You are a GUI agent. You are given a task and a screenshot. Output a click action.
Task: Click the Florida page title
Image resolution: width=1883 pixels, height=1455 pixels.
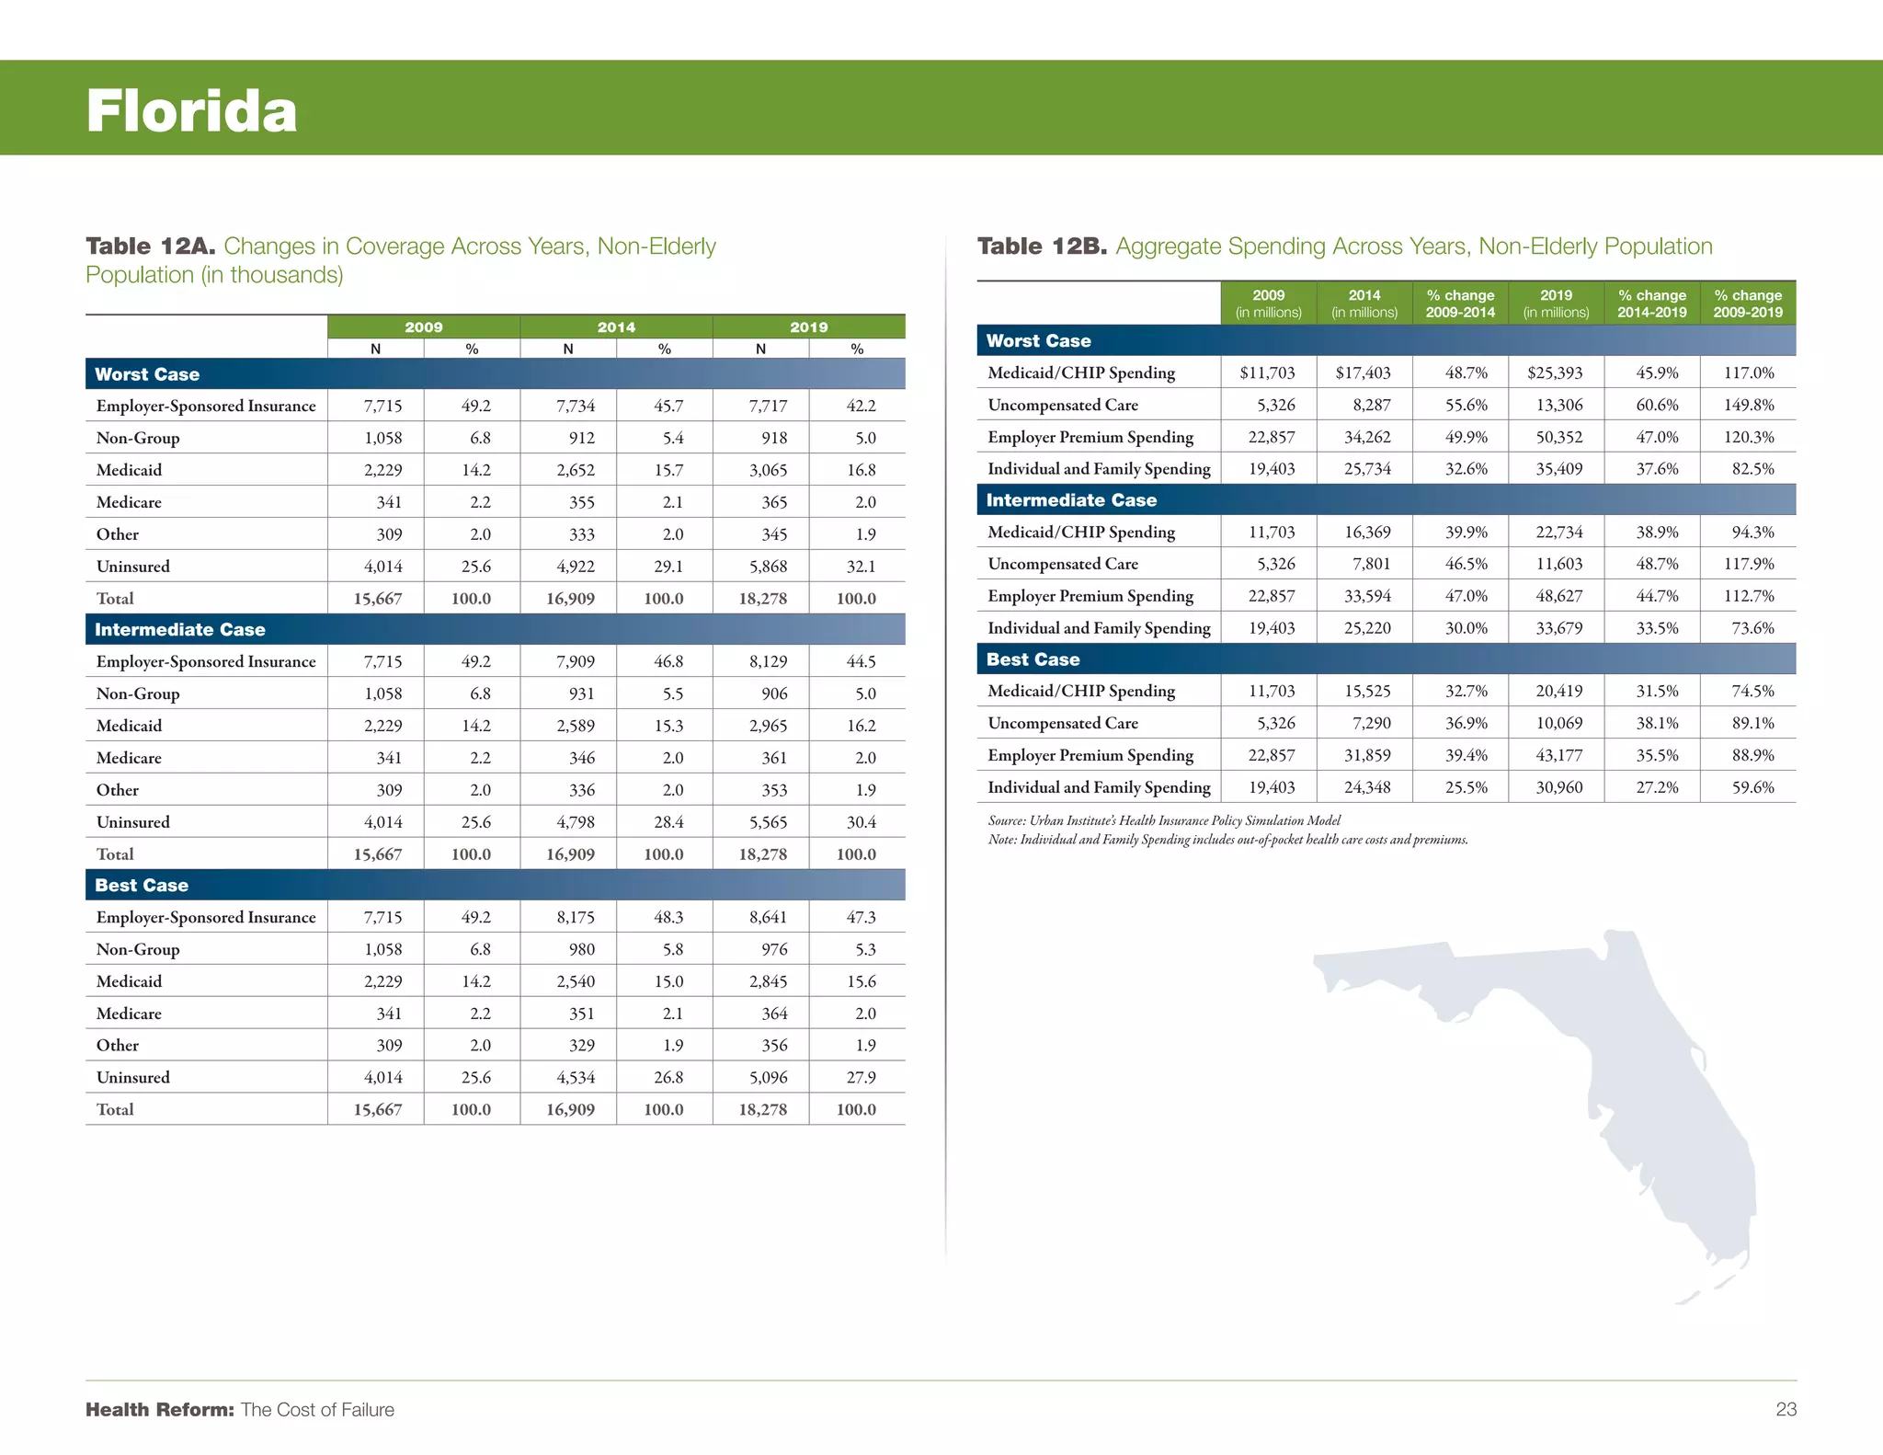point(191,111)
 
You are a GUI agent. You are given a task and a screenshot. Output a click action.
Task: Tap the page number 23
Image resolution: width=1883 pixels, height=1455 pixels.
point(1786,1409)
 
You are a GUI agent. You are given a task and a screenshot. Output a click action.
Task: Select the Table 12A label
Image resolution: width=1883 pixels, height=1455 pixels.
point(150,246)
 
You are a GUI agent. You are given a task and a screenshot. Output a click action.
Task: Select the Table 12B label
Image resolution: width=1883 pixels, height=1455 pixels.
point(1042,246)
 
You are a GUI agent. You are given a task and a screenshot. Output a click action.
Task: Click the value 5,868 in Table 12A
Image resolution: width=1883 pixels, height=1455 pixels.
point(768,567)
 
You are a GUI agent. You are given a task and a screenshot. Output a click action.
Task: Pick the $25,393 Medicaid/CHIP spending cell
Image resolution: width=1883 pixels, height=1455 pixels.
point(1555,372)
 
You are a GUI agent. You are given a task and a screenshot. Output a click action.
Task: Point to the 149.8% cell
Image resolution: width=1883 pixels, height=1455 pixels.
point(1749,405)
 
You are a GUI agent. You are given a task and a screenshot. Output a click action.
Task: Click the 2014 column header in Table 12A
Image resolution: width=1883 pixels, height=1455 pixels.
point(616,327)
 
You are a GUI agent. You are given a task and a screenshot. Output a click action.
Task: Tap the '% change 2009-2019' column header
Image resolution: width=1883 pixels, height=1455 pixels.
point(1748,304)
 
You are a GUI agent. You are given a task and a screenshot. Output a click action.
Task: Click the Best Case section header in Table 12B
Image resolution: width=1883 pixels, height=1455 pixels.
point(1033,659)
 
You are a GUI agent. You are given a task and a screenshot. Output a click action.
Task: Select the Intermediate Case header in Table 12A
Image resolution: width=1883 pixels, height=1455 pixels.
point(180,630)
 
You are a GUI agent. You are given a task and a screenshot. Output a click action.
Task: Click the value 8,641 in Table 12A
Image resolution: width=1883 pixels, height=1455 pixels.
point(768,917)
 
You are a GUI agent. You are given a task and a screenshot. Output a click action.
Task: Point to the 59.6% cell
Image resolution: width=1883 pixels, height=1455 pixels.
point(1752,787)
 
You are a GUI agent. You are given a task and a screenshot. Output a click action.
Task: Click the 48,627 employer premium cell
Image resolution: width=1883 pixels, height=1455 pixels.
point(1558,596)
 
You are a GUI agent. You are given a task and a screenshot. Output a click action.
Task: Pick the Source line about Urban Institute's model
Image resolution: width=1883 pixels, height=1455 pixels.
point(1164,820)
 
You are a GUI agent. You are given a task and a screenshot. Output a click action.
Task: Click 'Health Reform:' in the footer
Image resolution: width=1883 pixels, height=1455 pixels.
point(160,1410)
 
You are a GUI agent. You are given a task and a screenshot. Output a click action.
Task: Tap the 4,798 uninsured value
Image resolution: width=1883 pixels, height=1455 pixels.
point(576,822)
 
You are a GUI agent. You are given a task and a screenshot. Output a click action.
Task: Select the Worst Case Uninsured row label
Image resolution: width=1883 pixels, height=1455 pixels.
point(133,567)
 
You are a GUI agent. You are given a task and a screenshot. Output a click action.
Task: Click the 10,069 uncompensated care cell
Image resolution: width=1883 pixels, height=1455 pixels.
point(1558,723)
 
